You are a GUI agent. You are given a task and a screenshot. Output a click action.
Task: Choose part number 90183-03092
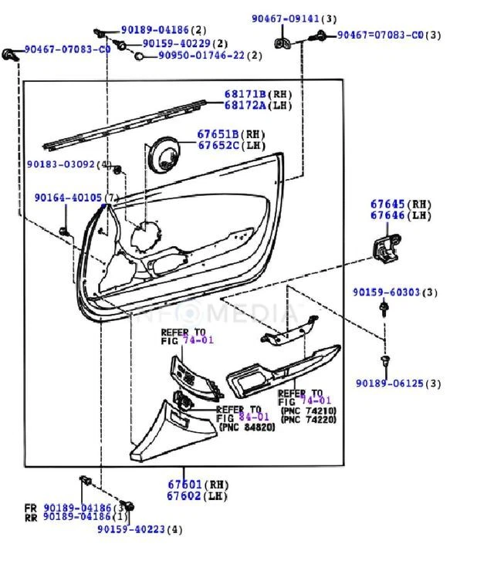pos(61,164)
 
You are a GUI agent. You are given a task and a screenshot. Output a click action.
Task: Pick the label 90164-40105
pos(69,198)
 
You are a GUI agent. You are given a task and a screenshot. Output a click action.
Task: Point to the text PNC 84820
pos(247,427)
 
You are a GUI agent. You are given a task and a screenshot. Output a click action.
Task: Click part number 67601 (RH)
pos(188,485)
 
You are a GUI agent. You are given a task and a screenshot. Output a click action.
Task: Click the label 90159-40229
pos(177,44)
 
